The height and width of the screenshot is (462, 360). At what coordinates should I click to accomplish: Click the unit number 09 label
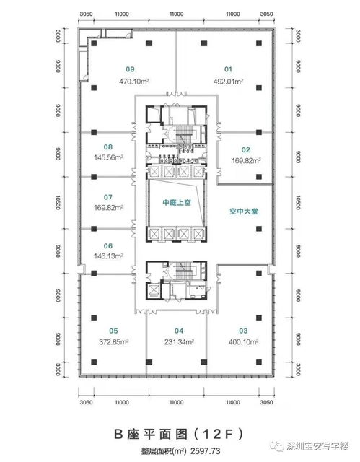[130, 69]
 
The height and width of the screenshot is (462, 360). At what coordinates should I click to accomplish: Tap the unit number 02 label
[245, 150]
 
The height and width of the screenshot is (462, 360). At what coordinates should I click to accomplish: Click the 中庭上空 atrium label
[177, 203]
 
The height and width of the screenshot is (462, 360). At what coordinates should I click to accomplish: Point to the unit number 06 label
[108, 244]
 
